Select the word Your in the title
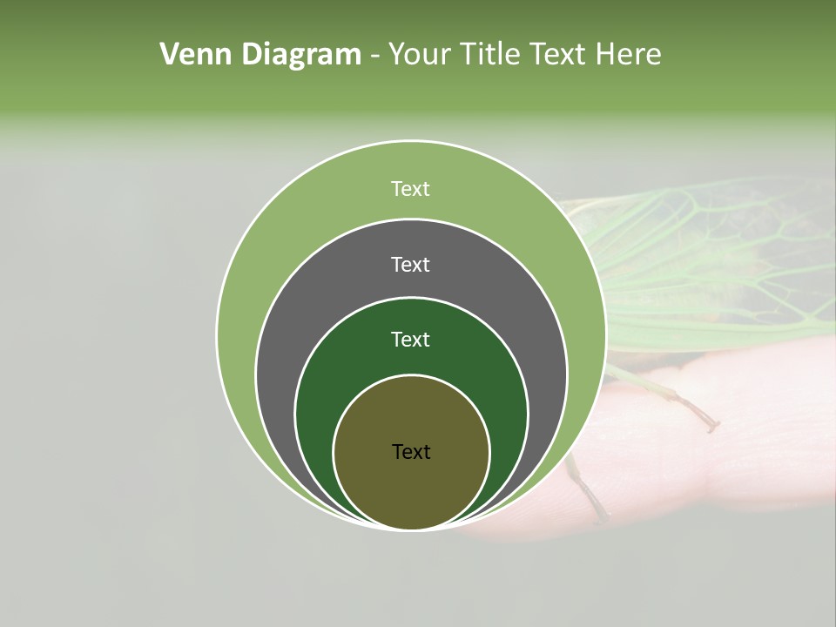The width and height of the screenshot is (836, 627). click(x=421, y=55)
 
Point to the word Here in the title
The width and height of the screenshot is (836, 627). click(x=628, y=55)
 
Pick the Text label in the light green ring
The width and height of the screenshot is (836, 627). click(x=410, y=189)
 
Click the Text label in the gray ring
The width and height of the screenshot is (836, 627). click(x=410, y=265)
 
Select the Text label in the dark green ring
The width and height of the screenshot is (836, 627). click(x=410, y=340)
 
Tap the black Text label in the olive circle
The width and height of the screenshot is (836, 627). click(x=411, y=452)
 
